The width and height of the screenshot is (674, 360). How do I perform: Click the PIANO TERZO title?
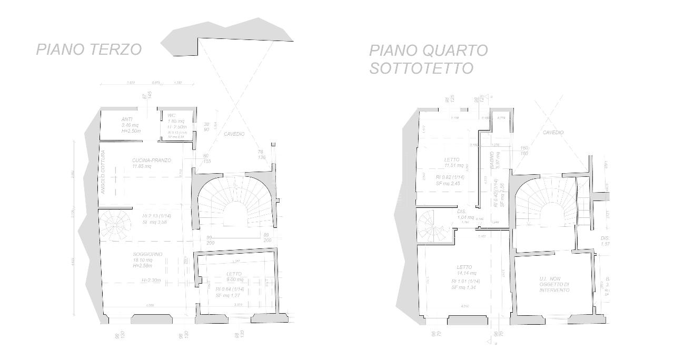(x=88, y=49)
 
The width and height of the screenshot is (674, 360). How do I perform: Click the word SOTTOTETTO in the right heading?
(x=421, y=68)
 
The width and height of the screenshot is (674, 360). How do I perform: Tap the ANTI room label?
(x=127, y=119)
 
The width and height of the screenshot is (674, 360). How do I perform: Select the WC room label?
(x=172, y=115)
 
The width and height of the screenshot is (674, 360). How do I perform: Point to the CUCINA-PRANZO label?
(x=151, y=161)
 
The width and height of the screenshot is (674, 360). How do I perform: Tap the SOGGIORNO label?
(x=147, y=254)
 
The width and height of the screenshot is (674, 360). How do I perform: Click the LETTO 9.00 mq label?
(x=234, y=274)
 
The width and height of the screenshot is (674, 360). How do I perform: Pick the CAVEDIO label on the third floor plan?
(x=234, y=134)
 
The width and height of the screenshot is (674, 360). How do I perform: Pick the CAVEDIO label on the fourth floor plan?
(x=553, y=133)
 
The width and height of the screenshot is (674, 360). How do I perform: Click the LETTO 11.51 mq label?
(x=452, y=159)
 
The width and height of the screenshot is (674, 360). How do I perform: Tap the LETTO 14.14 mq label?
(x=464, y=267)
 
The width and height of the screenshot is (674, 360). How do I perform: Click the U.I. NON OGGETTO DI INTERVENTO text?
(x=554, y=284)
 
